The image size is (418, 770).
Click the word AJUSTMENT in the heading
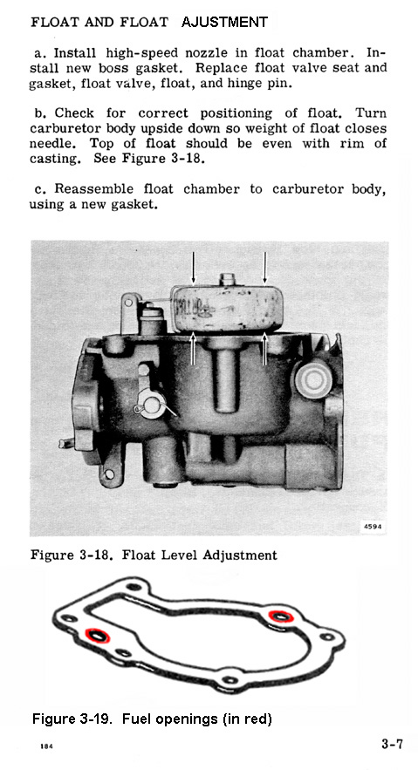[224, 22]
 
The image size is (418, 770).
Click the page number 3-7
[392, 744]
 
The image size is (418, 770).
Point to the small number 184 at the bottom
[46, 746]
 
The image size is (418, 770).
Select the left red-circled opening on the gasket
[97, 636]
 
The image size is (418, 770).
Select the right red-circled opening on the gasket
[281, 616]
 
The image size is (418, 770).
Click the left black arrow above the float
[193, 268]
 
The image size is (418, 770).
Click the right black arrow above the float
[264, 268]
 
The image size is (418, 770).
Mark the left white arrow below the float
[193, 349]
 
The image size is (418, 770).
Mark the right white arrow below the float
[264, 349]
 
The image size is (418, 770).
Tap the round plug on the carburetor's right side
[312, 379]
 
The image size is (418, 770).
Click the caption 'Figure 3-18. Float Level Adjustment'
[154, 555]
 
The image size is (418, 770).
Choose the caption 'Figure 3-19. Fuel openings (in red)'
[152, 719]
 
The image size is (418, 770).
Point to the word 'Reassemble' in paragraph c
[93, 189]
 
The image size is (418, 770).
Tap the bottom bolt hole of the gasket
[230, 680]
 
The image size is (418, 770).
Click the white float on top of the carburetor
[226, 309]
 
